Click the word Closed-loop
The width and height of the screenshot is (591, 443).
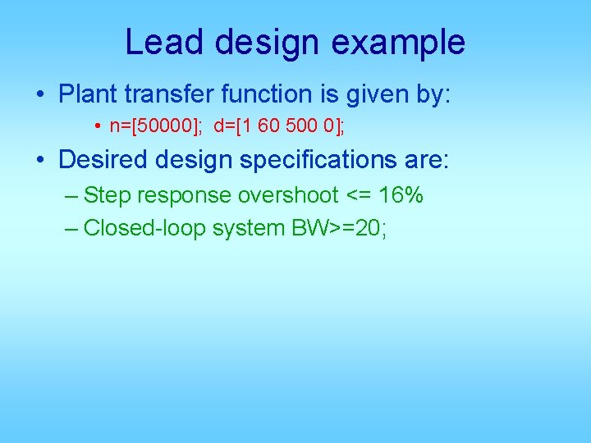pyautogui.click(x=144, y=228)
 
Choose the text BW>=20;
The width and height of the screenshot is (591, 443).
pyautogui.click(x=340, y=228)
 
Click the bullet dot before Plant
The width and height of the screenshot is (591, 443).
pyautogui.click(x=41, y=94)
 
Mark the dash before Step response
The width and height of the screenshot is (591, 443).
pyautogui.click(x=71, y=195)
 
